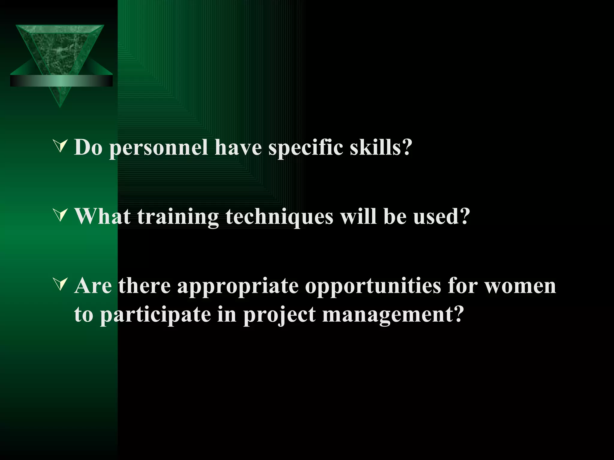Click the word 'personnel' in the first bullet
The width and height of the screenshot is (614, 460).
(159, 148)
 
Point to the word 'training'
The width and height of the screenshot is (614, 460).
(178, 217)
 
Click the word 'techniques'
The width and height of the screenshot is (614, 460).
(279, 217)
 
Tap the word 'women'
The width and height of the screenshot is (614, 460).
(520, 286)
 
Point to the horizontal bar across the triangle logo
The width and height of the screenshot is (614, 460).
(61, 81)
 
